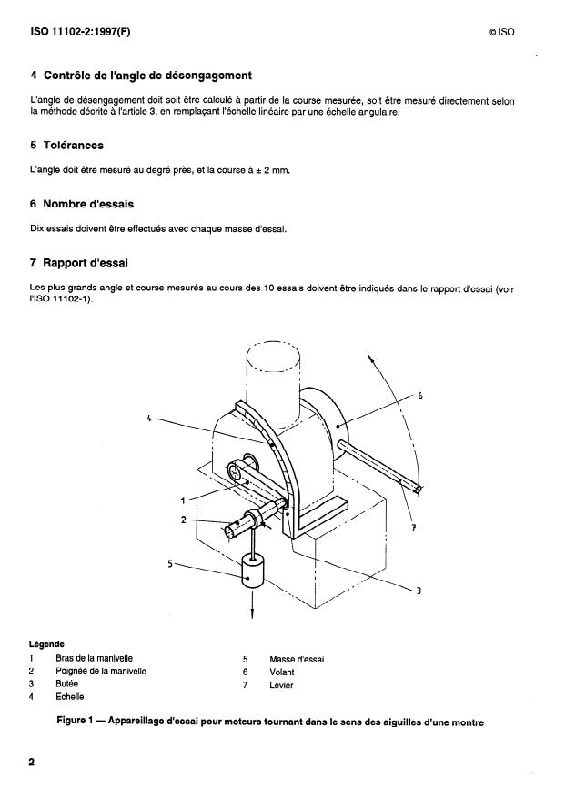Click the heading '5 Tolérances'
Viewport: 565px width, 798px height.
(x=66, y=145)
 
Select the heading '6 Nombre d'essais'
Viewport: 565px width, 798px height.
(x=82, y=204)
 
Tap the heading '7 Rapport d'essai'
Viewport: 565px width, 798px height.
(x=79, y=263)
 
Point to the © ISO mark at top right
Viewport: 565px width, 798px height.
(x=501, y=34)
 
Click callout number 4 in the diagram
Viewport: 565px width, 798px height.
(x=148, y=419)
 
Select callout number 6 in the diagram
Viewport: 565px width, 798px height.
(x=419, y=396)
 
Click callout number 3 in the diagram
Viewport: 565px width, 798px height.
(x=418, y=591)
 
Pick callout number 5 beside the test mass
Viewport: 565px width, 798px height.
(x=170, y=563)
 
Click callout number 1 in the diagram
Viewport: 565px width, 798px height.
(x=184, y=500)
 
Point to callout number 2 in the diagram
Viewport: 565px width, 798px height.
(x=184, y=520)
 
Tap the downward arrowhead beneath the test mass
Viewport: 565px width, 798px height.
(x=251, y=615)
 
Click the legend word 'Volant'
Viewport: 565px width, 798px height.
(x=282, y=672)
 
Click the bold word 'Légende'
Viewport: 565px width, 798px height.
(x=46, y=643)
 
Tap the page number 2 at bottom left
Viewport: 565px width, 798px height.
(x=31, y=763)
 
